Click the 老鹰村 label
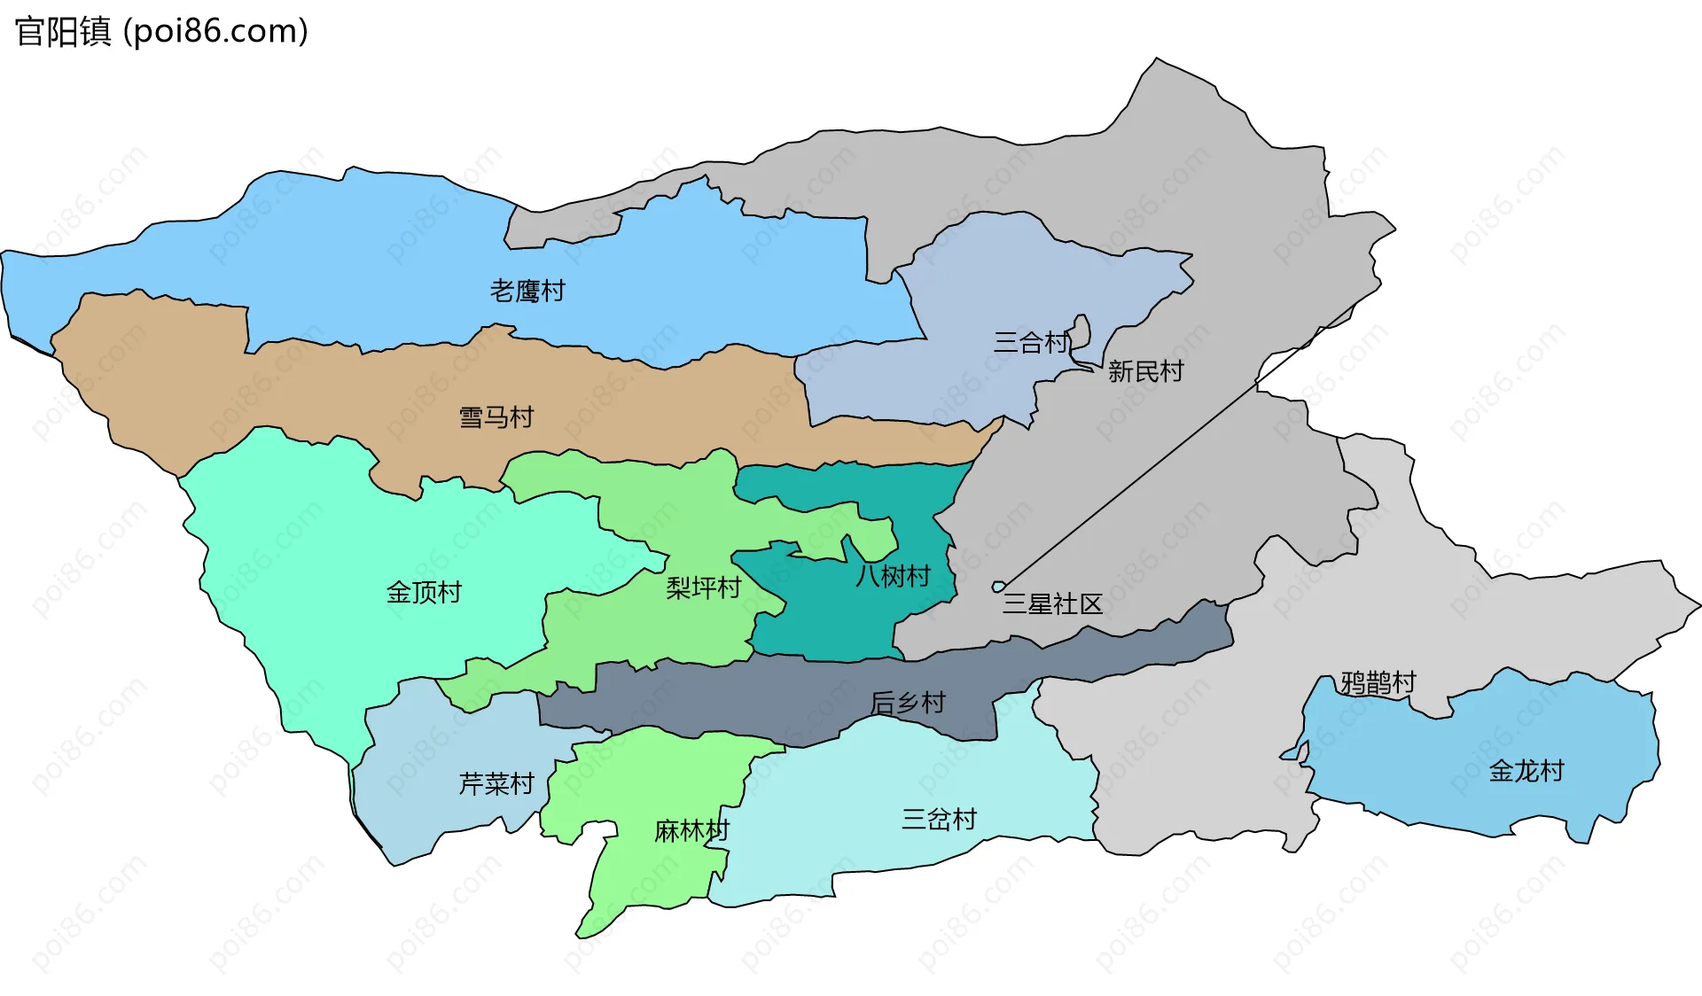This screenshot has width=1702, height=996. pos(527,291)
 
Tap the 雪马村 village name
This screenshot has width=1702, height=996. pos(496,417)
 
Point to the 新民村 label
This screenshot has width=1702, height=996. pos(1145,371)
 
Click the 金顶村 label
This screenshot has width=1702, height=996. pos(424,592)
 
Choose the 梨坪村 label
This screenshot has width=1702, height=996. pos(703,587)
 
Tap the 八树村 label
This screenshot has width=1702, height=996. pos(893,576)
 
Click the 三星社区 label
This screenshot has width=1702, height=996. pos(1052,604)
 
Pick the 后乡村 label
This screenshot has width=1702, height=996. pos(908,703)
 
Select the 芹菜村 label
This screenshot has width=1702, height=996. pos(496,783)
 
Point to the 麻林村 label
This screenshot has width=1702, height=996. pos(691,831)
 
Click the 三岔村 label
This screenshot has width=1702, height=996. pos(939,819)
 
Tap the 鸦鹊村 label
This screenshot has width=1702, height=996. pos(1378,682)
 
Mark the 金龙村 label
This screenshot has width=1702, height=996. pos(1526,771)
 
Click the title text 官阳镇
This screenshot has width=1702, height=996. pos(64,32)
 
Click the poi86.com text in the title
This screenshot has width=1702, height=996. pos(215,32)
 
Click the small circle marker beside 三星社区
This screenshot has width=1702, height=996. pos(998,587)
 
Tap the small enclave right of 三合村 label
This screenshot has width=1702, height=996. pos(1081,332)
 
